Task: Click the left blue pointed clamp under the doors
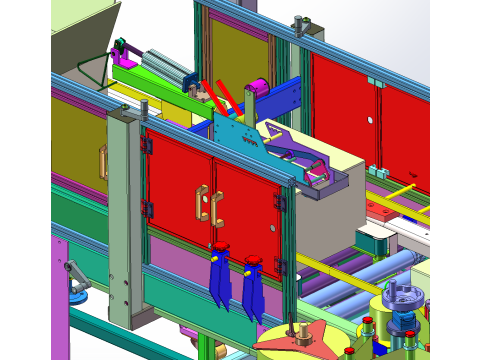219,280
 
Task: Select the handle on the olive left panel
101,162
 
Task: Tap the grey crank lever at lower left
74,274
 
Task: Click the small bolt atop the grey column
144,105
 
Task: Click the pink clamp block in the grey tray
319,172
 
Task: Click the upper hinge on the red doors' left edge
147,146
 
